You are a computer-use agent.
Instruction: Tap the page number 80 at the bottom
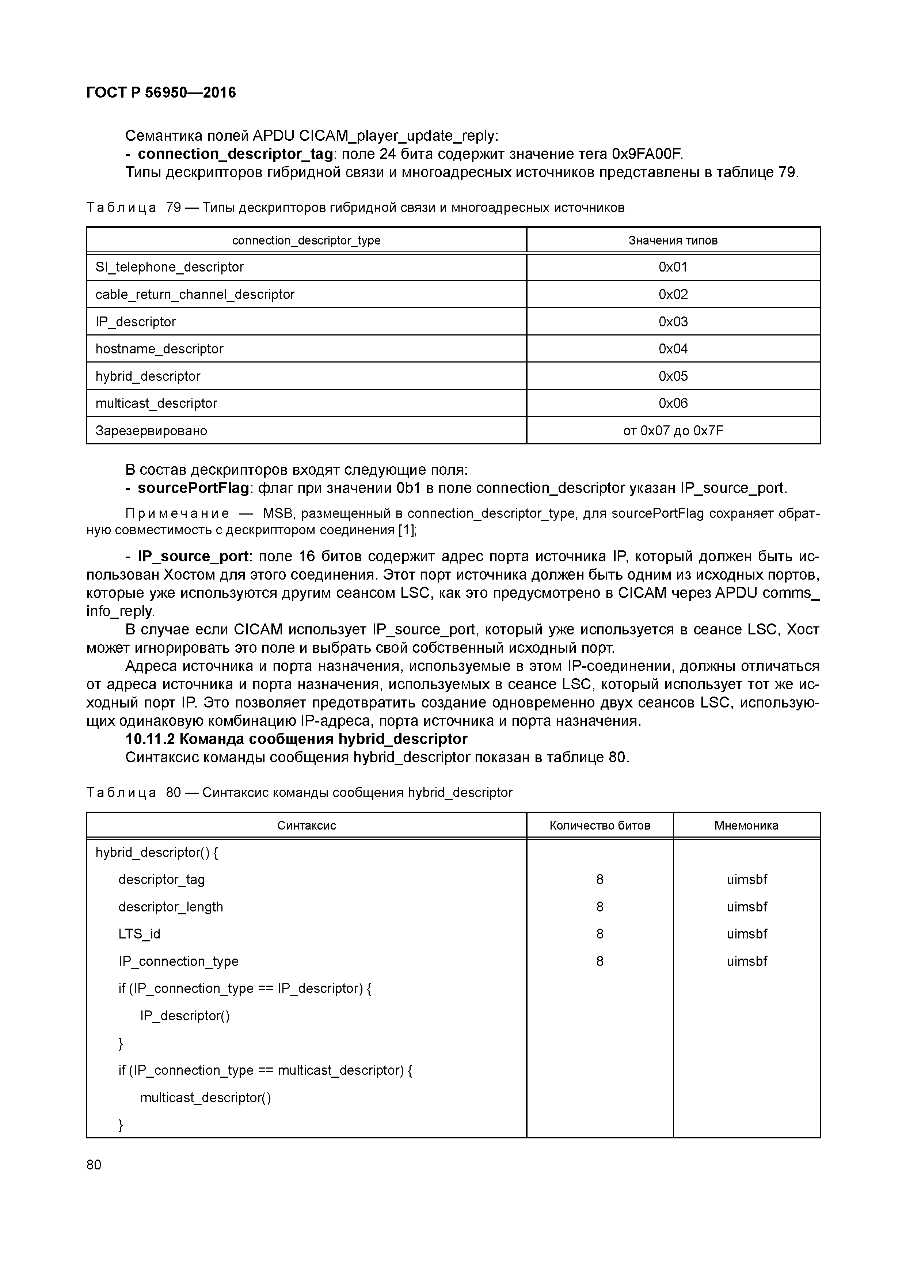click(94, 1164)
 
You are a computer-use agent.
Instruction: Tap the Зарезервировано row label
click(151, 431)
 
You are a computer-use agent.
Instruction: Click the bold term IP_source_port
click(193, 557)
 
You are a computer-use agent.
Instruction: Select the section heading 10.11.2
click(296, 739)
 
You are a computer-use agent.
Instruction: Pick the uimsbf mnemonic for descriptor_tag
click(746, 879)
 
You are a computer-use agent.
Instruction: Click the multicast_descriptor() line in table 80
click(205, 1098)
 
